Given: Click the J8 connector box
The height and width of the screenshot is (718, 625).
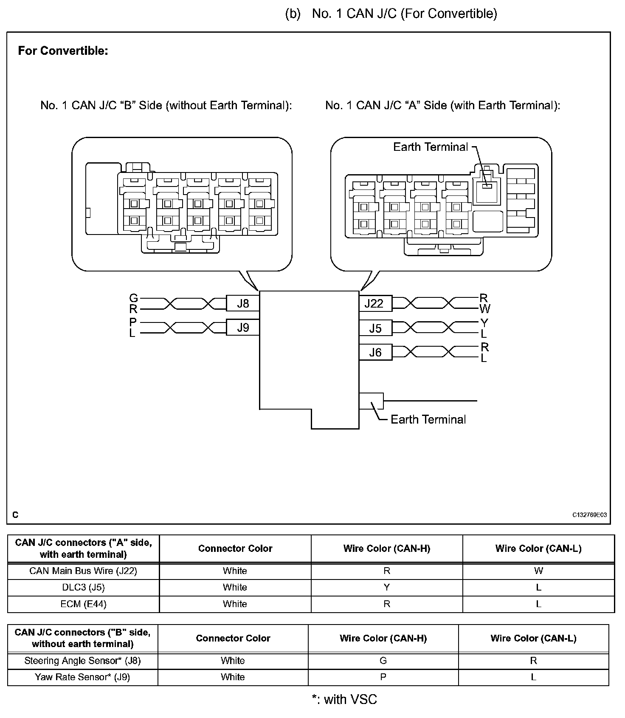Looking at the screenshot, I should tap(242, 303).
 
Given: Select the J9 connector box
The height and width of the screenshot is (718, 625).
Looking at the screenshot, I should tap(242, 328).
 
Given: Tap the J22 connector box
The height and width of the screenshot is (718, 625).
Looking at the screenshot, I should tap(375, 303).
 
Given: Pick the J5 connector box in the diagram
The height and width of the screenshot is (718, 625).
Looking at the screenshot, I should tap(375, 328).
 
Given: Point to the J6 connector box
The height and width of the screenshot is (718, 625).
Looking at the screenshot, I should tap(375, 352).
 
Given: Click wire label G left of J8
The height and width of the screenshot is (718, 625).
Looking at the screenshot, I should tap(133, 298).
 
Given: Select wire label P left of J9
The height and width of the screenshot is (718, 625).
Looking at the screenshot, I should tap(133, 322).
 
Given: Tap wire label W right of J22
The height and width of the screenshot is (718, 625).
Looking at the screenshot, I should tap(484, 309).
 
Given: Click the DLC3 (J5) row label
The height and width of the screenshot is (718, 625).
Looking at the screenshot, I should tap(83, 588).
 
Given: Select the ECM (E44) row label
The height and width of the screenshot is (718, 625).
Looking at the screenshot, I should tap(83, 604).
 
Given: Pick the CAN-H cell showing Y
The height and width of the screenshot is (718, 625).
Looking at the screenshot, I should tap(386, 588).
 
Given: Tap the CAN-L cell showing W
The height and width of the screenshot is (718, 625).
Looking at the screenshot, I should tap(538, 571).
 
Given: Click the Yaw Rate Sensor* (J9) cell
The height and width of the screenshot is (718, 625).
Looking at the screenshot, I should tap(82, 677).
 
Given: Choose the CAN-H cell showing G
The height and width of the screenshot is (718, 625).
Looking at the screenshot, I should tap(383, 661).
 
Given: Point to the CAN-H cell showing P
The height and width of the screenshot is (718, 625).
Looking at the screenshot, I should tap(383, 677).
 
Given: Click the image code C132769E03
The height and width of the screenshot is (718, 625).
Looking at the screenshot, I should tap(589, 515).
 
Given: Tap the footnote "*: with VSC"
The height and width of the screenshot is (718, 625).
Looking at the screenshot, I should tap(344, 699).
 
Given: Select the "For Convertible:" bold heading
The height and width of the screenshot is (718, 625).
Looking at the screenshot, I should tap(63, 51).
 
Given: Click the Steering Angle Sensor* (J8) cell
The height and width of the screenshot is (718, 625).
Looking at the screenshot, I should tap(82, 661).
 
